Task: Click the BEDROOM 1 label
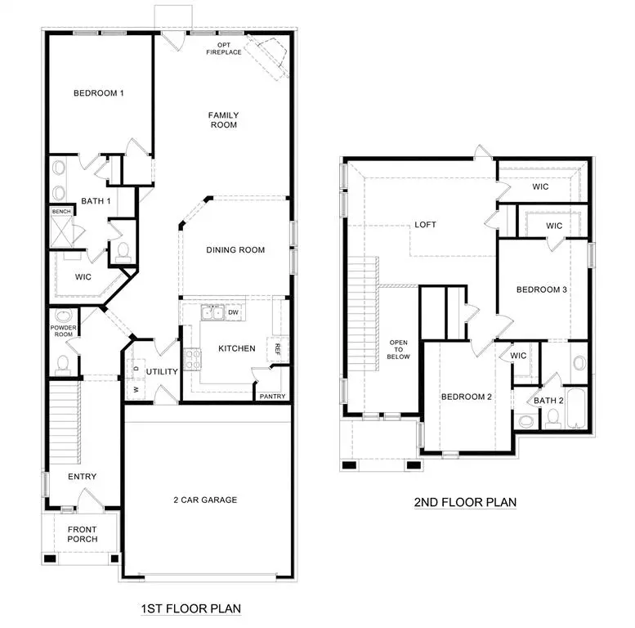point(98,93)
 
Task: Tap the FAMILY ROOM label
point(222,120)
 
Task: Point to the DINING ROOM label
point(235,250)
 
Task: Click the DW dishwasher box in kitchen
point(233,312)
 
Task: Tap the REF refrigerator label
point(278,348)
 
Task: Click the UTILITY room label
point(162,372)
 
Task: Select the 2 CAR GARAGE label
point(205,500)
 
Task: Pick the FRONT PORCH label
point(82,534)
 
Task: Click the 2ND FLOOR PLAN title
point(464,502)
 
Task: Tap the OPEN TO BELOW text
point(399,350)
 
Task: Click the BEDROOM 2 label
point(466,397)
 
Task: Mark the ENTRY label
point(83,477)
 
